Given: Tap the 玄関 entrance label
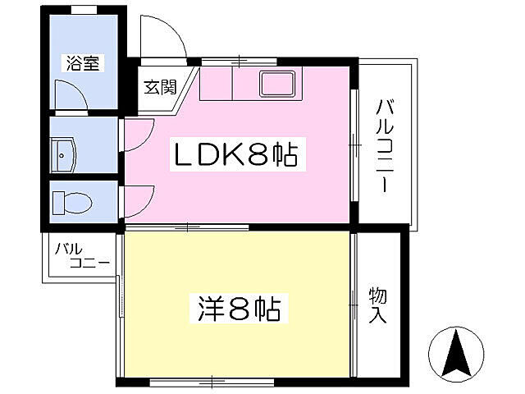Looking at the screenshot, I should click(x=161, y=86).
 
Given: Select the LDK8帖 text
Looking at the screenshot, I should click(x=232, y=153).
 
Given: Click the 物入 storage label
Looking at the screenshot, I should click(x=377, y=304).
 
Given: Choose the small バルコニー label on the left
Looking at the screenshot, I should click(x=81, y=256).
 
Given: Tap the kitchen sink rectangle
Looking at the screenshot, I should click(x=279, y=84).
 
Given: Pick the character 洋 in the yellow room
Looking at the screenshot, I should click(x=211, y=309).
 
